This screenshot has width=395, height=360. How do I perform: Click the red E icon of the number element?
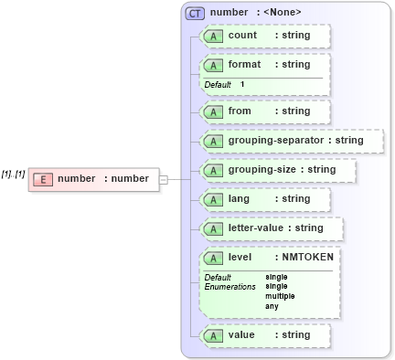42,179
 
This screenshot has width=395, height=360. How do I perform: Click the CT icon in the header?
194,13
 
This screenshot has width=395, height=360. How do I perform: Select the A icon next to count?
212,36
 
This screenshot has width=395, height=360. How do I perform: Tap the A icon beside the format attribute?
212,65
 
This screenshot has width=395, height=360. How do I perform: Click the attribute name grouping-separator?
278,141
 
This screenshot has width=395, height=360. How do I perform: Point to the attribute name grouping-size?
262,170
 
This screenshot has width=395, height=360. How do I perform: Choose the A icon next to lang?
212,199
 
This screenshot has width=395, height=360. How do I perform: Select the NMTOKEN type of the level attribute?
307,258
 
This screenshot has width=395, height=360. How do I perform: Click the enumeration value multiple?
280,296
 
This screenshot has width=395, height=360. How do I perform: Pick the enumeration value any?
272,306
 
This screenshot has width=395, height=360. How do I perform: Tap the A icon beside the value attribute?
212,335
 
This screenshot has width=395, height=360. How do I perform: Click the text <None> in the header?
283,13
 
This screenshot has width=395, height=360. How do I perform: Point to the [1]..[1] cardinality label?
13,174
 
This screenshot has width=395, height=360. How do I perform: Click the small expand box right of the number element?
163,179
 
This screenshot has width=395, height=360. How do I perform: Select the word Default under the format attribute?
218,84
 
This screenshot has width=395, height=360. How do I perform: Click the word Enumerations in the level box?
230,286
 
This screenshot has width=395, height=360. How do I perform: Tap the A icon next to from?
212,111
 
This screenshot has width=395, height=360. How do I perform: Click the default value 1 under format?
242,84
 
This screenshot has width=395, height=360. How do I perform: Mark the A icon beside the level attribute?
212,258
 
